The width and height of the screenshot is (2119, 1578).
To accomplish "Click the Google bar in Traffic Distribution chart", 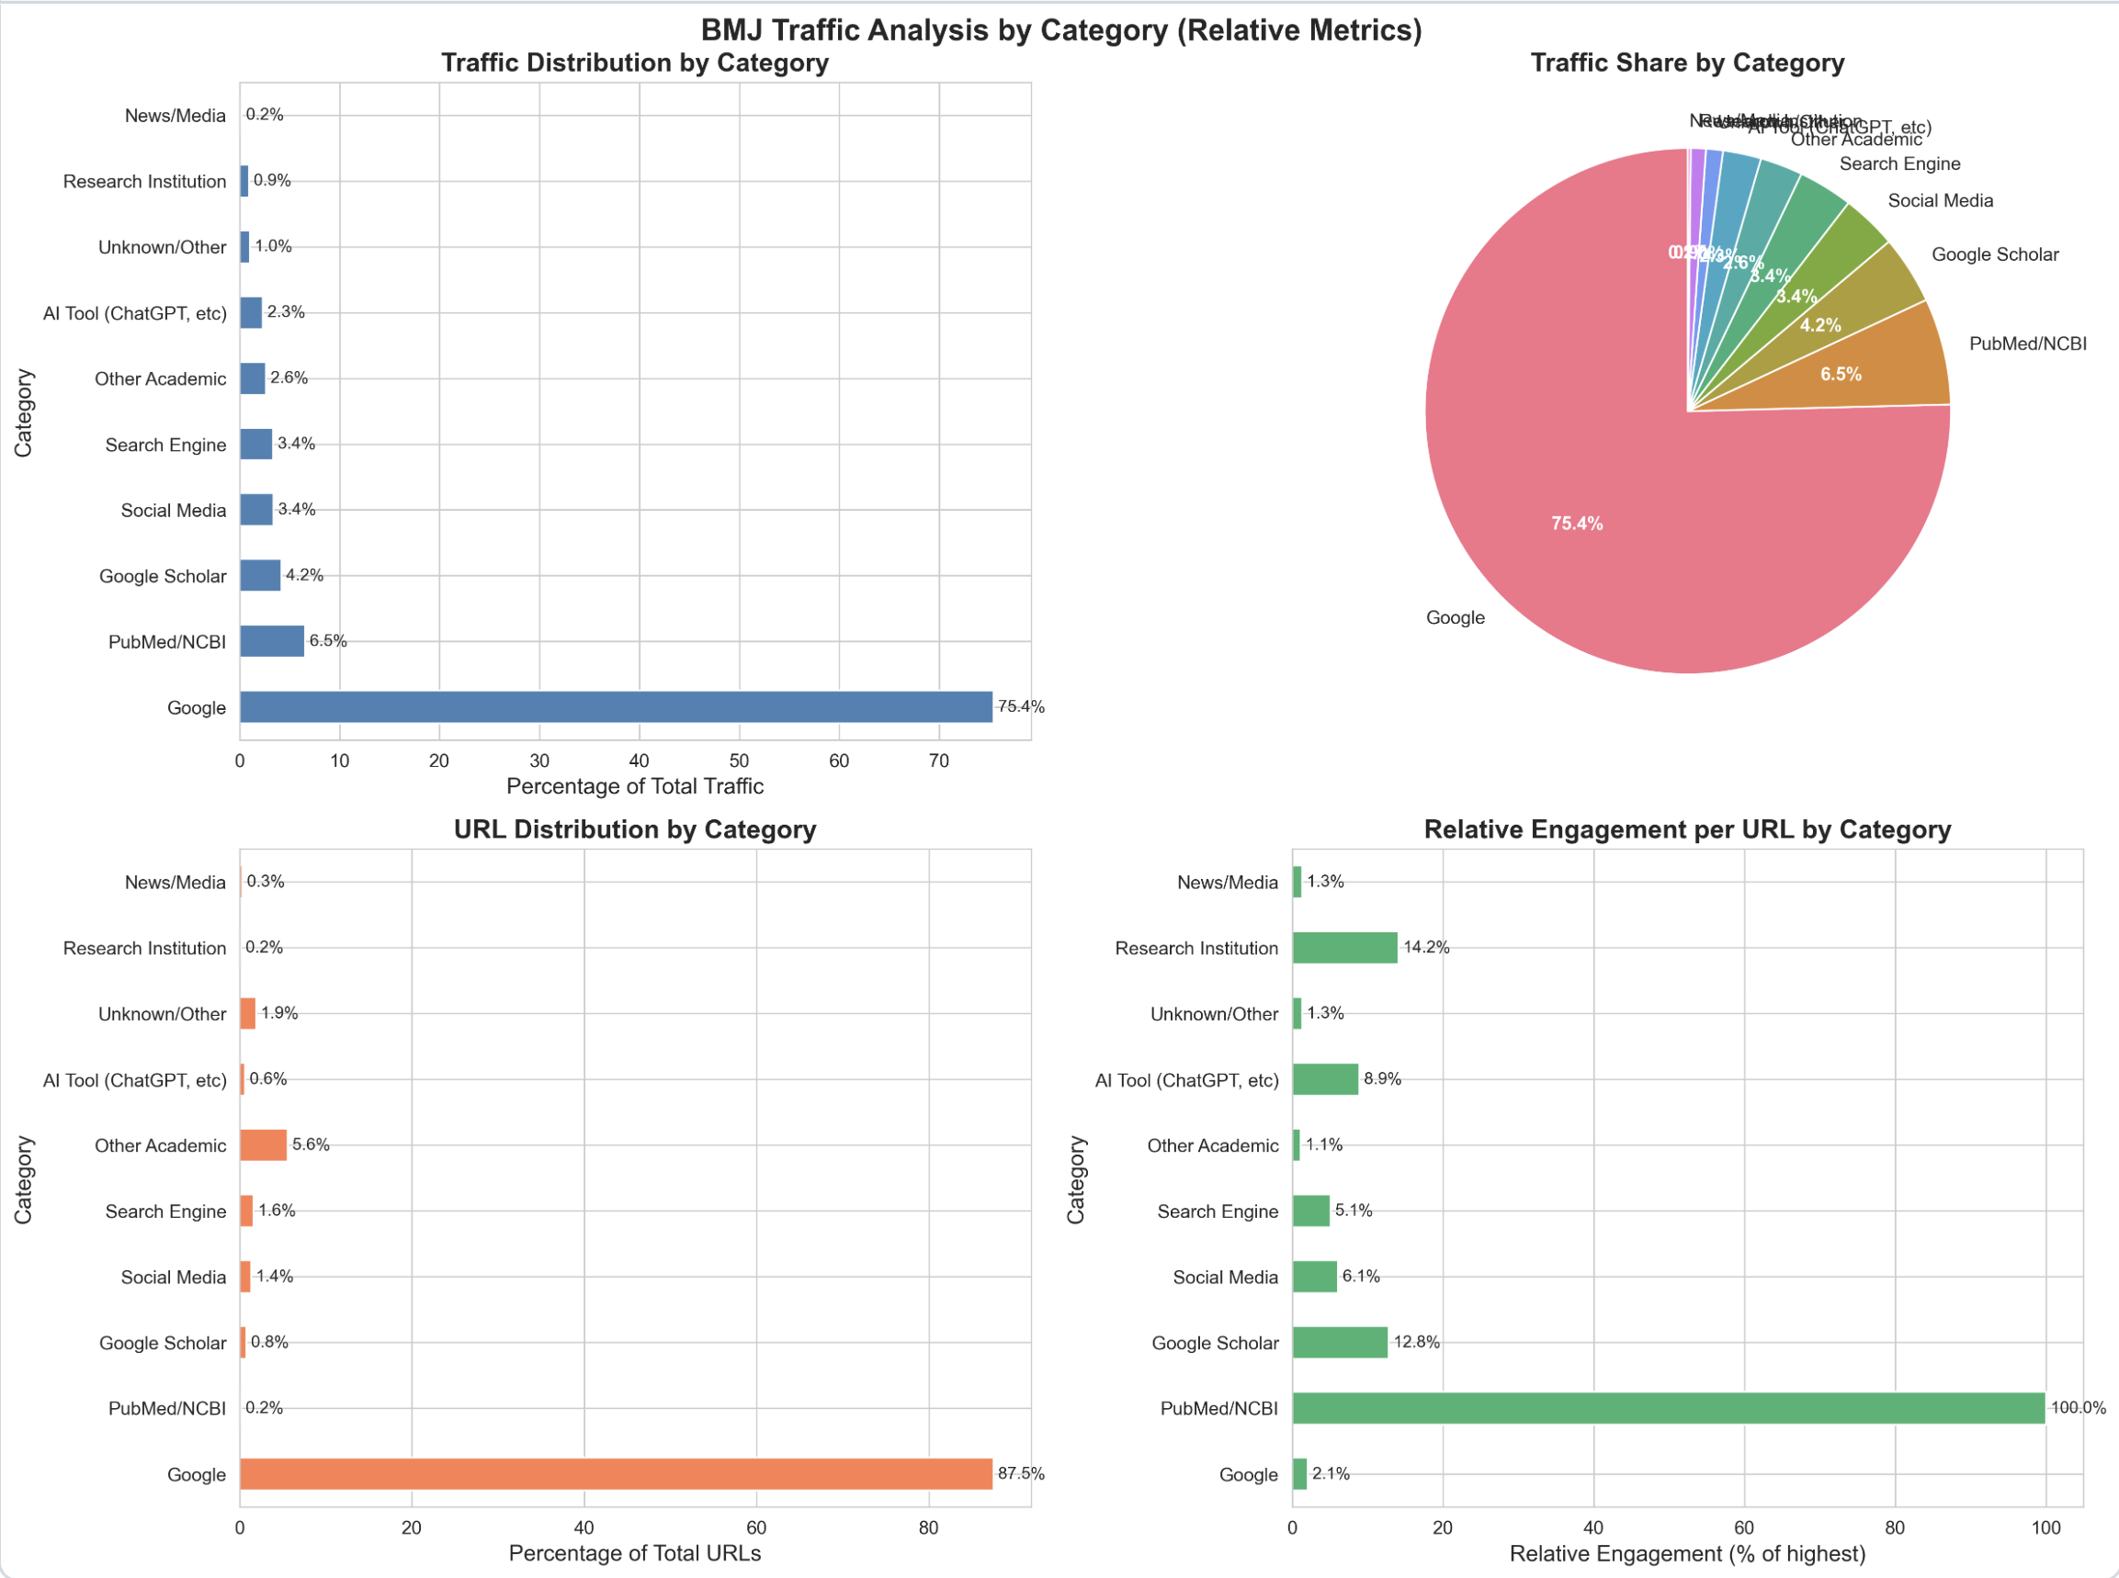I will point(617,707).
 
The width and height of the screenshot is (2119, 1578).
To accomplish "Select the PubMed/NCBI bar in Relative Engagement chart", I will point(1668,1408).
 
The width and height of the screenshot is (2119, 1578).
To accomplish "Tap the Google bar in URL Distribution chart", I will point(617,1474).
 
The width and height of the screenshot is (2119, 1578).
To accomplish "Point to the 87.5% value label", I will point(1021,1474).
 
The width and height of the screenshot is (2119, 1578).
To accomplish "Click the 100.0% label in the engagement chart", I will point(2078,1408).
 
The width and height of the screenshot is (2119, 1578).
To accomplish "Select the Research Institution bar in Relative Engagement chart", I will point(1344,948).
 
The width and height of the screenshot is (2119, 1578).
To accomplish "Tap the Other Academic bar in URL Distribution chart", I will point(263,1145).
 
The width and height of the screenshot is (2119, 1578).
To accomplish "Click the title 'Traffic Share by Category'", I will point(1687,63).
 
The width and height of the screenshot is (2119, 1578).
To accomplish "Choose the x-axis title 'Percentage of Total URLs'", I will point(635,1553).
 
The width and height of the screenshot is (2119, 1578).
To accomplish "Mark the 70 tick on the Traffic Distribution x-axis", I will point(939,761).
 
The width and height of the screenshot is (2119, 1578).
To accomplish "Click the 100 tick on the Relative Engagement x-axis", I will point(2045,1528).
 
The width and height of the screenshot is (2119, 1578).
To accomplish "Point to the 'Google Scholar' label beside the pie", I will point(1995,255).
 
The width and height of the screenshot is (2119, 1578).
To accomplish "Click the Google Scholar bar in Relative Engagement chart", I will point(1340,1342).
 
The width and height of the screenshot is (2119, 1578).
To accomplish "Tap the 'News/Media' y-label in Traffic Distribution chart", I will point(175,116).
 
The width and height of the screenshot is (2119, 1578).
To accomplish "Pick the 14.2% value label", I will point(1426,948).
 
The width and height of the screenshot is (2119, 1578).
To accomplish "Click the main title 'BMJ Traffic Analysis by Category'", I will point(1060,30).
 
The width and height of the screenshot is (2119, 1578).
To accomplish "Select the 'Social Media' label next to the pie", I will point(1941,200).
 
